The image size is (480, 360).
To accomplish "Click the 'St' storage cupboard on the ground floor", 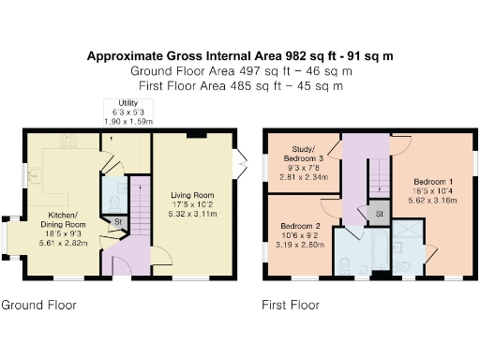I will [118, 222].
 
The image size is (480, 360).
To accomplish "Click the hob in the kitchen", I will [67, 142].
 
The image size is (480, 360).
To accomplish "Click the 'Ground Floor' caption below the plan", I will [39, 305].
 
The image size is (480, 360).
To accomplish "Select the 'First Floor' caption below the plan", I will [292, 305].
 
